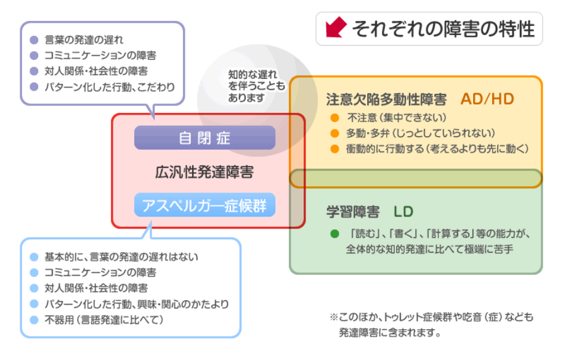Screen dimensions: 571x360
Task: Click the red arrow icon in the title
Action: coord(336,27)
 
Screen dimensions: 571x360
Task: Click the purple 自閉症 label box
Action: coord(205,137)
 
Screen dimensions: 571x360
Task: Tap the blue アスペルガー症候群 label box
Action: coord(205,205)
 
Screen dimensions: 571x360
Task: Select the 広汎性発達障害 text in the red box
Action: coord(205,172)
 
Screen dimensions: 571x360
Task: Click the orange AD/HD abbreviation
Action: coord(487,99)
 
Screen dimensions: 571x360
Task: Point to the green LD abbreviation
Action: coord(403,211)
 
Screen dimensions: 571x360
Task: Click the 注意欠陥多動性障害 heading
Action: coord(386,99)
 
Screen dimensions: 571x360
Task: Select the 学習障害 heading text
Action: coord(353,211)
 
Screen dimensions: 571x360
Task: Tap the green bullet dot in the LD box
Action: coord(334,234)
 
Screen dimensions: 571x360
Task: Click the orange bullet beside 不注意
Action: coord(334,118)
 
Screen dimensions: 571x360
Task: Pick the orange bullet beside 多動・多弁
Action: coord(334,133)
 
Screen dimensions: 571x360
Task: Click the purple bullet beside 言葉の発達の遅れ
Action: coord(34,39)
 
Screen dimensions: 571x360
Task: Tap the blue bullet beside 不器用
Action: coord(34,320)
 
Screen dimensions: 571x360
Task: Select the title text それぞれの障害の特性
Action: coord(443,29)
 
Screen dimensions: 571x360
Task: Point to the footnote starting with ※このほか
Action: coord(432,324)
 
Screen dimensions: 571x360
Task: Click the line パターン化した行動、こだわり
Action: coord(110,87)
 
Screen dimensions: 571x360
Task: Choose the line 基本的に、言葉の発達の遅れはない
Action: coord(121,257)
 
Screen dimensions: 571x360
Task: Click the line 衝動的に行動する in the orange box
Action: coord(437,149)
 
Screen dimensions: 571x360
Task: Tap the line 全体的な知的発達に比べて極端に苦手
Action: coord(430,249)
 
